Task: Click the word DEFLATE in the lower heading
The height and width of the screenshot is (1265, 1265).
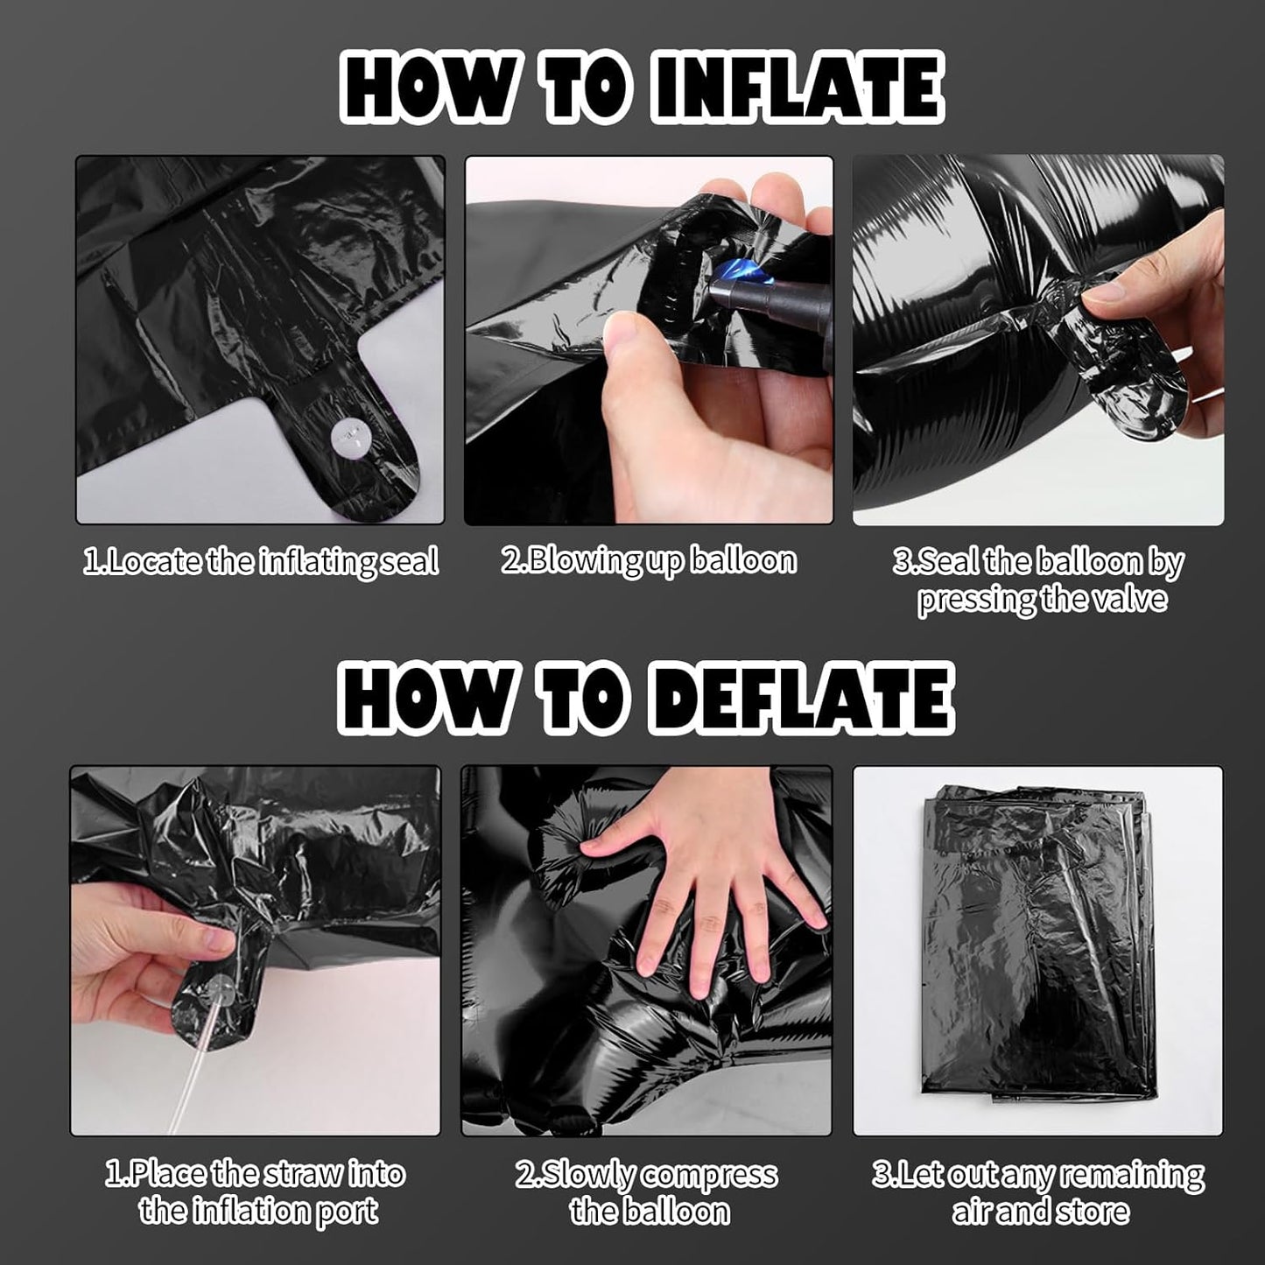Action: click(801, 697)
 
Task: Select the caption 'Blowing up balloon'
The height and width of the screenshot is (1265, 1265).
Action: click(650, 560)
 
